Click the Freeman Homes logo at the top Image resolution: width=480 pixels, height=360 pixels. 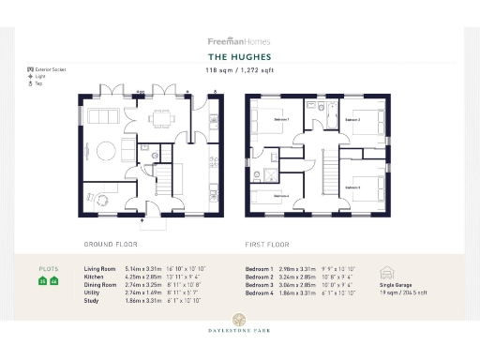pos(239,41)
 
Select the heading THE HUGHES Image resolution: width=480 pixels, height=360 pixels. pos(239,56)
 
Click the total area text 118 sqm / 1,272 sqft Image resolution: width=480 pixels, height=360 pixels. pos(239,69)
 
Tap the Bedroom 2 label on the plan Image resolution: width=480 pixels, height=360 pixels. pos(352,120)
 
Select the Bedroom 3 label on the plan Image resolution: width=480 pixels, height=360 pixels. pos(352,187)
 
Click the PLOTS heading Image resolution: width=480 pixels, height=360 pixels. pos(48,268)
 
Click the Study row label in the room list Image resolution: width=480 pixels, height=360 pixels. pos(92,299)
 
